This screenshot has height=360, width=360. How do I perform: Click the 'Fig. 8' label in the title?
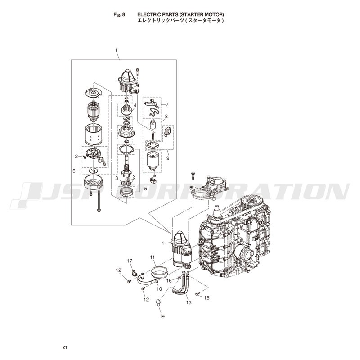[x=119, y=14]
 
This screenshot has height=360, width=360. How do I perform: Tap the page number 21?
[x=65, y=347]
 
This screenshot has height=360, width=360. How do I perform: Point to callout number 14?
[x=162, y=316]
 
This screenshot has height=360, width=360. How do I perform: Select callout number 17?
[x=130, y=261]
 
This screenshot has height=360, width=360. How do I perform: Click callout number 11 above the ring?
[x=153, y=257]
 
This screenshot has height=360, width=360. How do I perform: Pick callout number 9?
[x=168, y=158]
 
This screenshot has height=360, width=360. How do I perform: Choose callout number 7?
[x=167, y=104]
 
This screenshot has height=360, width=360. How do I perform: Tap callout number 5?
[x=145, y=189]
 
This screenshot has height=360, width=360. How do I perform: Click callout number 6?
[x=74, y=171]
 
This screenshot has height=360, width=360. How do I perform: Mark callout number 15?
[x=207, y=298]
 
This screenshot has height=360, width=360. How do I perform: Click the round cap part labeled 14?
[x=158, y=302]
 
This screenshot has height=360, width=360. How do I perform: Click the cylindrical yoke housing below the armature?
[x=93, y=135]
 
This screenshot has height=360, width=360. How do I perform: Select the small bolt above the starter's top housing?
[x=137, y=72]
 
